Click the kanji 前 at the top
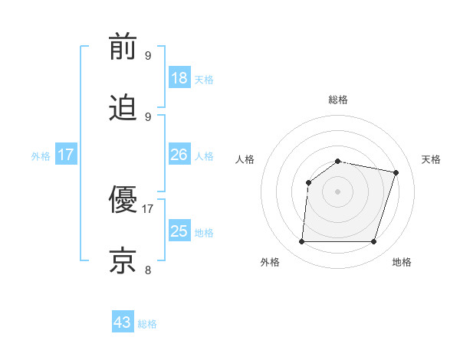click(x=123, y=47)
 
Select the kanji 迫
click(x=123, y=108)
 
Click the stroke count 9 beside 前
click(x=148, y=55)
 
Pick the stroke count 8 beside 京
click(x=148, y=270)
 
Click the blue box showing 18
click(x=179, y=78)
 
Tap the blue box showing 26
click(x=179, y=155)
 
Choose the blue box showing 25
click(x=179, y=231)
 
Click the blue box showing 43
click(x=123, y=322)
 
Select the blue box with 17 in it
click(x=66, y=155)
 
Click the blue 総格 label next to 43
click(x=148, y=324)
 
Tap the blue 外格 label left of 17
click(x=41, y=156)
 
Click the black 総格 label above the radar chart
click(x=338, y=100)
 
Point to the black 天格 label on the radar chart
click(x=432, y=159)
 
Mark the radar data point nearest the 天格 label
click(x=396, y=172)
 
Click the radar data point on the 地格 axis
click(x=374, y=242)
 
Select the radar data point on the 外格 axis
click(x=301, y=242)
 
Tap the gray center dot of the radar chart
click(x=338, y=191)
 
